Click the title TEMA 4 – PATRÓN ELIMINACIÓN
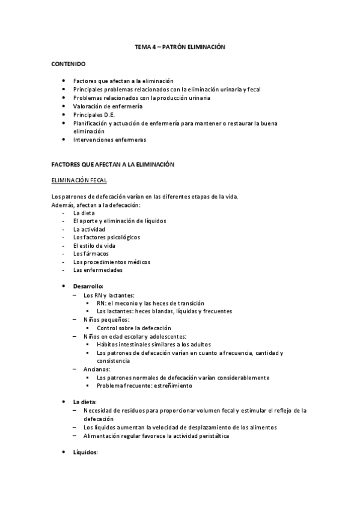click(x=180, y=46)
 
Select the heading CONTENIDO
click(x=68, y=63)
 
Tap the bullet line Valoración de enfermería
click(x=108, y=106)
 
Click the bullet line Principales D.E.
click(x=98, y=114)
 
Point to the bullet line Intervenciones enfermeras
click(x=109, y=140)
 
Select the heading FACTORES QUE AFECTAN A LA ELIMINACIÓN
click(x=112, y=164)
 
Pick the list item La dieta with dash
click(x=84, y=212)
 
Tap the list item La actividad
click(x=89, y=229)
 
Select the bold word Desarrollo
click(x=88, y=287)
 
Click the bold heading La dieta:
click(x=85, y=401)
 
